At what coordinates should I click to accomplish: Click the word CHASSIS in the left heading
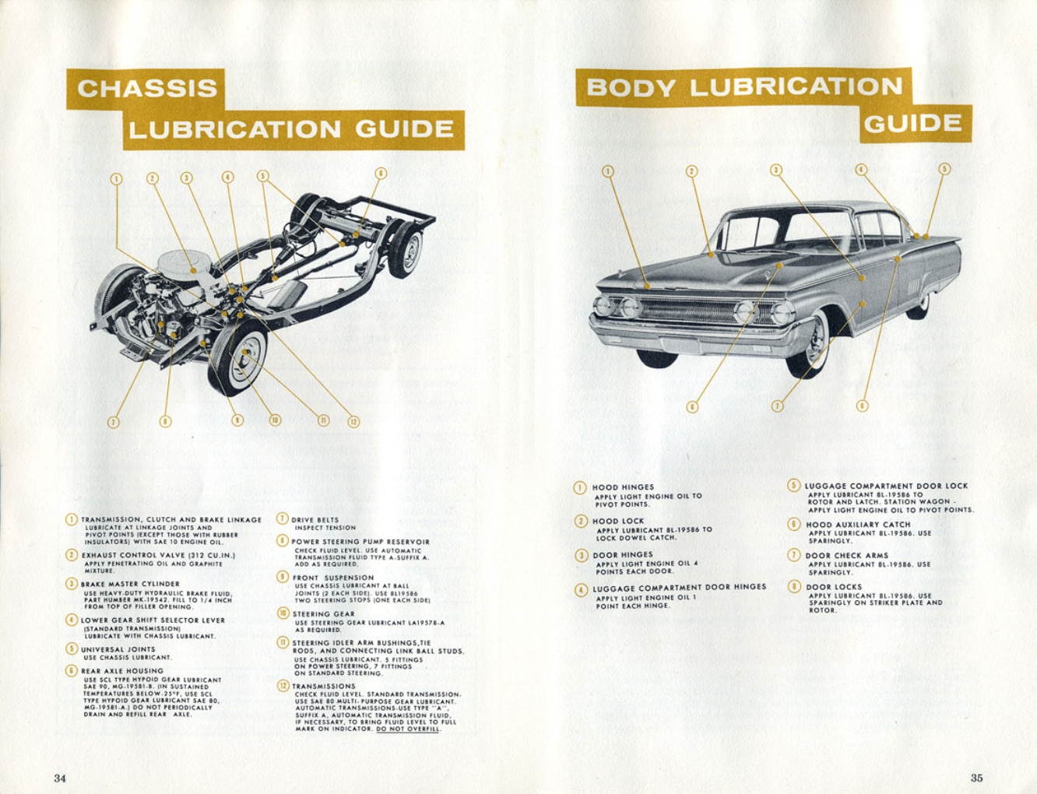pos(147,89)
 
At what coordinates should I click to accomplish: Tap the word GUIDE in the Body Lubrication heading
pos(912,124)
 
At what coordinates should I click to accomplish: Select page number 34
pos(60,778)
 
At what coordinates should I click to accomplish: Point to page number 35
pos(976,777)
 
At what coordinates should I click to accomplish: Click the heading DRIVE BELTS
pos(315,519)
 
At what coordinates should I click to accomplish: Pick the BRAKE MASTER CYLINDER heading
pos(130,584)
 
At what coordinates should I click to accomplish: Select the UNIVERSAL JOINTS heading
pos(118,649)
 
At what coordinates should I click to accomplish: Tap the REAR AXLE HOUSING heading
pos(122,670)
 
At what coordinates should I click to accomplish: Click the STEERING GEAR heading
pos(323,613)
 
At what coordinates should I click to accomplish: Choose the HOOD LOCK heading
pos(618,521)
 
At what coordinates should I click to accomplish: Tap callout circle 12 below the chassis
pos(353,421)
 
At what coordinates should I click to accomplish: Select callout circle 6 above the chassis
pos(380,174)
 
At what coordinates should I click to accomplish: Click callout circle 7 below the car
pos(777,406)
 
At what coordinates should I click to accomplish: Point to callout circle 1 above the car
pos(608,171)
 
